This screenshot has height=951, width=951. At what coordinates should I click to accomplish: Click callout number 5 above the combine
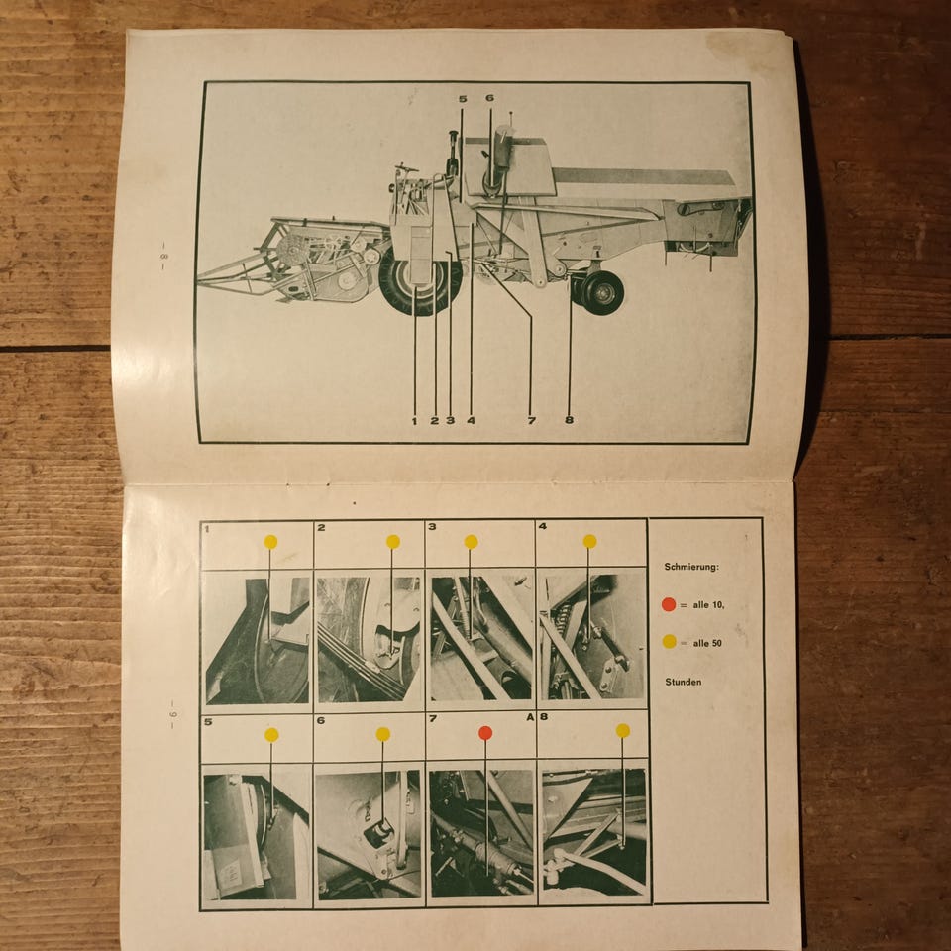tap(463, 99)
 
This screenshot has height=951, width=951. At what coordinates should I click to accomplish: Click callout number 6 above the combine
tap(489, 98)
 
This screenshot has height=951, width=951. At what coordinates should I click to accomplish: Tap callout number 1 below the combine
tap(415, 420)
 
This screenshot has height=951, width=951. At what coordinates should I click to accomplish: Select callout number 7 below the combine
tap(531, 420)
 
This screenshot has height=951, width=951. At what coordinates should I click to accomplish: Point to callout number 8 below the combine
tap(569, 419)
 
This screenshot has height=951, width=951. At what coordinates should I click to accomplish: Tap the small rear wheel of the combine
tap(600, 293)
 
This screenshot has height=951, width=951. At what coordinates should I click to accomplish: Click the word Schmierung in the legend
tap(691, 567)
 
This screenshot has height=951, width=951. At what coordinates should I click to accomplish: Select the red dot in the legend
tap(669, 604)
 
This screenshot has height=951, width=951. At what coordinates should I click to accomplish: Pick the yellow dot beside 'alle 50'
tap(669, 641)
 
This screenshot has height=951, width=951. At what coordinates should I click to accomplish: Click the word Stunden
tap(683, 682)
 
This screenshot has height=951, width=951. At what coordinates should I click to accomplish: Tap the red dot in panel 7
tap(485, 733)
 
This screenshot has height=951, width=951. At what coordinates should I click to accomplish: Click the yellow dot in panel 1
tap(270, 542)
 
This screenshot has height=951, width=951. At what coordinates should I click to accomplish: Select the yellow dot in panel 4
tap(589, 541)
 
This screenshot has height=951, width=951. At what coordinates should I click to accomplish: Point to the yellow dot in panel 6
tap(382, 734)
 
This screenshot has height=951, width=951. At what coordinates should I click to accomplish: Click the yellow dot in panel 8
tap(623, 730)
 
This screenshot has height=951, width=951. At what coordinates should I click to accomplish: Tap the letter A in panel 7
tap(530, 717)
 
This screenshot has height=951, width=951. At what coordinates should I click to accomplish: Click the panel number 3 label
tap(432, 526)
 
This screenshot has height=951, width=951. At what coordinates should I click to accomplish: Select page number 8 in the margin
tap(162, 256)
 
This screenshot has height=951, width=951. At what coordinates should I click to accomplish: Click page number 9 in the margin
tap(171, 714)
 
